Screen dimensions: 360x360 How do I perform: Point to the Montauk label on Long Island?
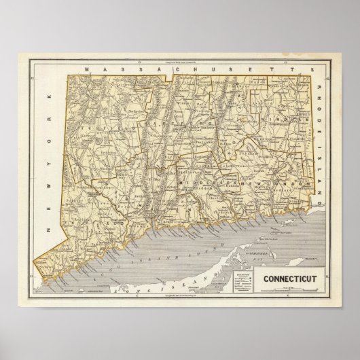click(x=310, y=259)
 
